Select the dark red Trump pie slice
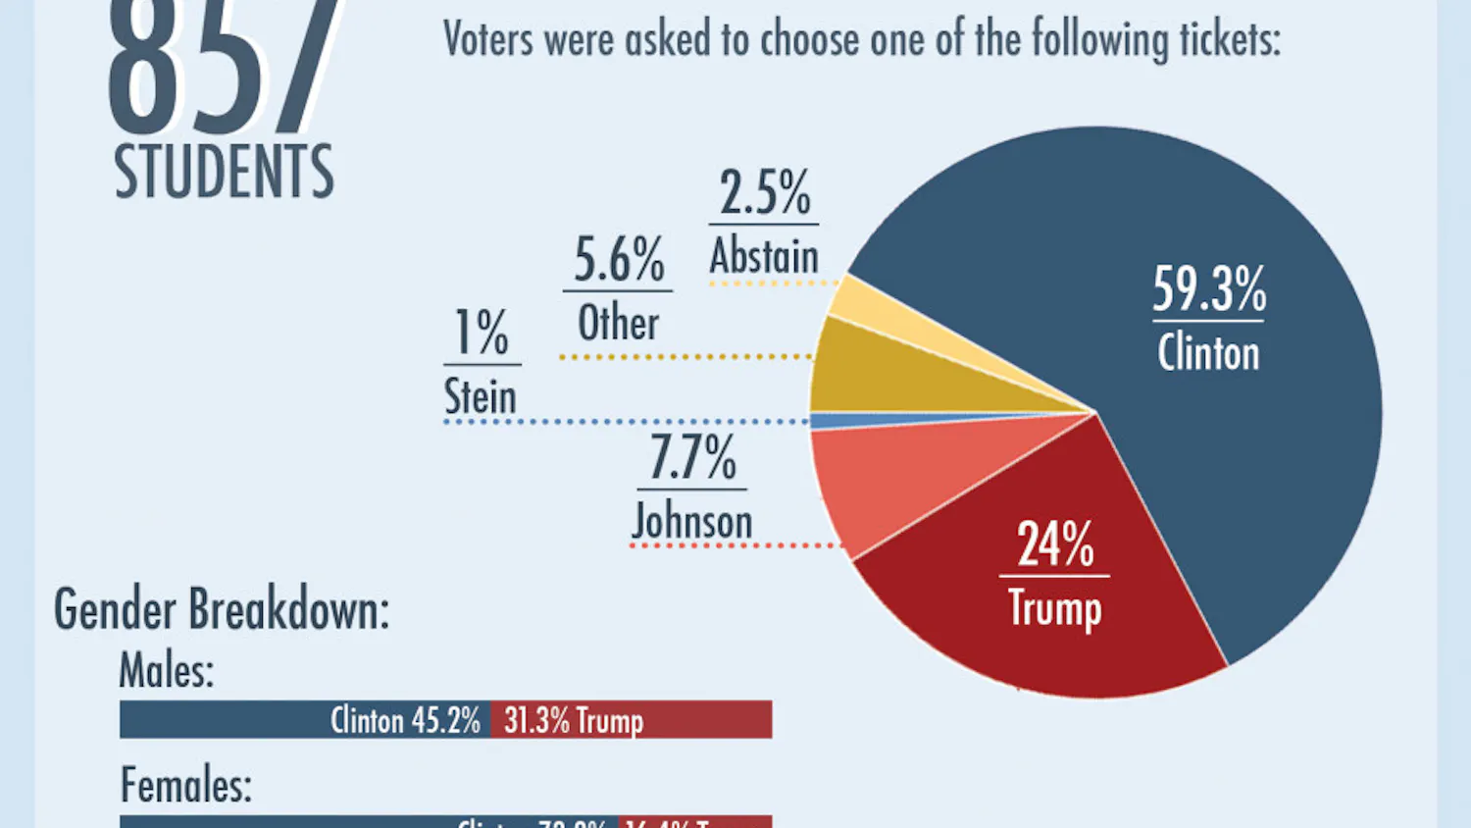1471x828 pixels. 1059,628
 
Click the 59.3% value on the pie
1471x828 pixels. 1208,289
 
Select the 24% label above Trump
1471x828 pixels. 1054,544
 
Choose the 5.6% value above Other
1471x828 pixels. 619,261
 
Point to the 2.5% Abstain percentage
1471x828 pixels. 765,192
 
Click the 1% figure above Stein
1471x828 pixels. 482,333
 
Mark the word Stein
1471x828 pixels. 481,396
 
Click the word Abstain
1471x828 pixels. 764,257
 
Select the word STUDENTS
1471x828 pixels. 224,172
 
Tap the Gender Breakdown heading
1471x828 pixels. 222,609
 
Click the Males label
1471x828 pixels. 166,671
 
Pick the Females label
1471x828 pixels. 185,785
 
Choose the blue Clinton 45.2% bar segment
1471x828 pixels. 304,720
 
